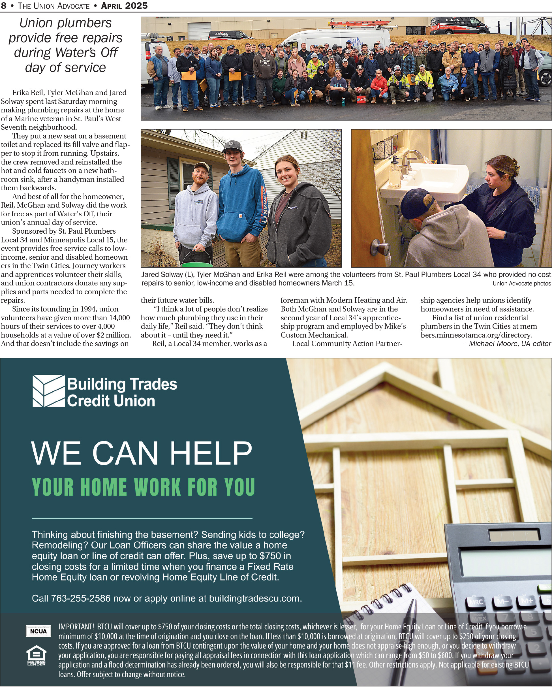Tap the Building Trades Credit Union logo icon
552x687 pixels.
click(48, 391)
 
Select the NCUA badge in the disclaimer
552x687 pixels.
click(38, 631)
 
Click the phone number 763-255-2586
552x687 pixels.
click(81, 598)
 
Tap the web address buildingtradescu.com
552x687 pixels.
click(255, 598)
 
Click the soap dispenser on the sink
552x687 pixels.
click(395, 172)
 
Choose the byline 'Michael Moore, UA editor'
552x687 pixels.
click(510, 343)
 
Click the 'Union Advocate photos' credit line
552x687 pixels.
click(521, 283)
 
